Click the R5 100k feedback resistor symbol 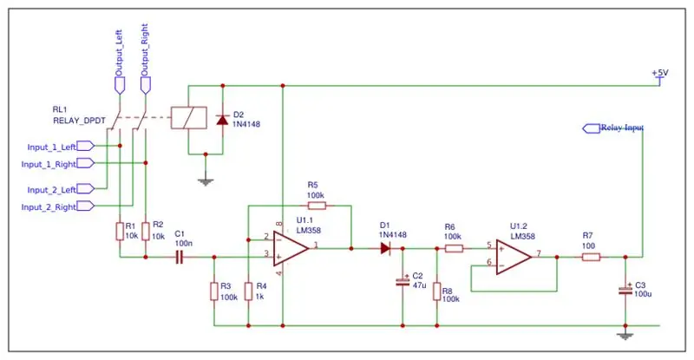coord(317,206)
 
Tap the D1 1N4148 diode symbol coord(385,248)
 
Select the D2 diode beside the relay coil coord(222,120)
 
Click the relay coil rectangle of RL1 coord(189,118)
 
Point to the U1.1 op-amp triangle coord(291,248)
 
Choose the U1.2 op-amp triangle coord(514,257)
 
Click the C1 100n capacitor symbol coord(180,258)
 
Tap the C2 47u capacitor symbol coord(403,281)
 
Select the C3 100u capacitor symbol coord(625,291)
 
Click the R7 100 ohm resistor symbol coord(591,257)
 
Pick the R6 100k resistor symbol coord(454,248)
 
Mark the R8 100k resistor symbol coord(437,291)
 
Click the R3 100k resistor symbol coord(214,291)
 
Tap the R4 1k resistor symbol coord(249,291)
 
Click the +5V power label coord(660,73)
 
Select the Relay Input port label coord(613,128)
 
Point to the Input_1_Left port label coord(61,146)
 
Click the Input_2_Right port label coord(57,206)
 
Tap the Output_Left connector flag coord(120,86)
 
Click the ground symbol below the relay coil coord(206,181)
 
